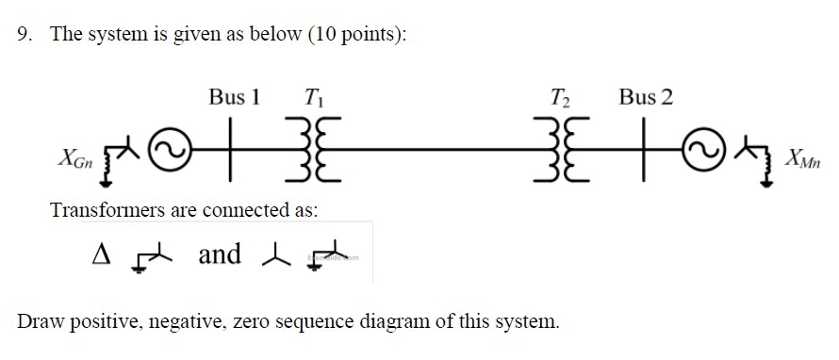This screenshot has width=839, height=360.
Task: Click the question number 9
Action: click(24, 35)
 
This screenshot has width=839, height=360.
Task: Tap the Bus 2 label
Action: click(646, 96)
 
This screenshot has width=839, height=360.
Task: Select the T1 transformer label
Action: click(313, 97)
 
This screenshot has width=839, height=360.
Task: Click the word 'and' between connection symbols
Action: click(219, 254)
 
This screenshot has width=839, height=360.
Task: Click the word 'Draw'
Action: click(38, 320)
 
